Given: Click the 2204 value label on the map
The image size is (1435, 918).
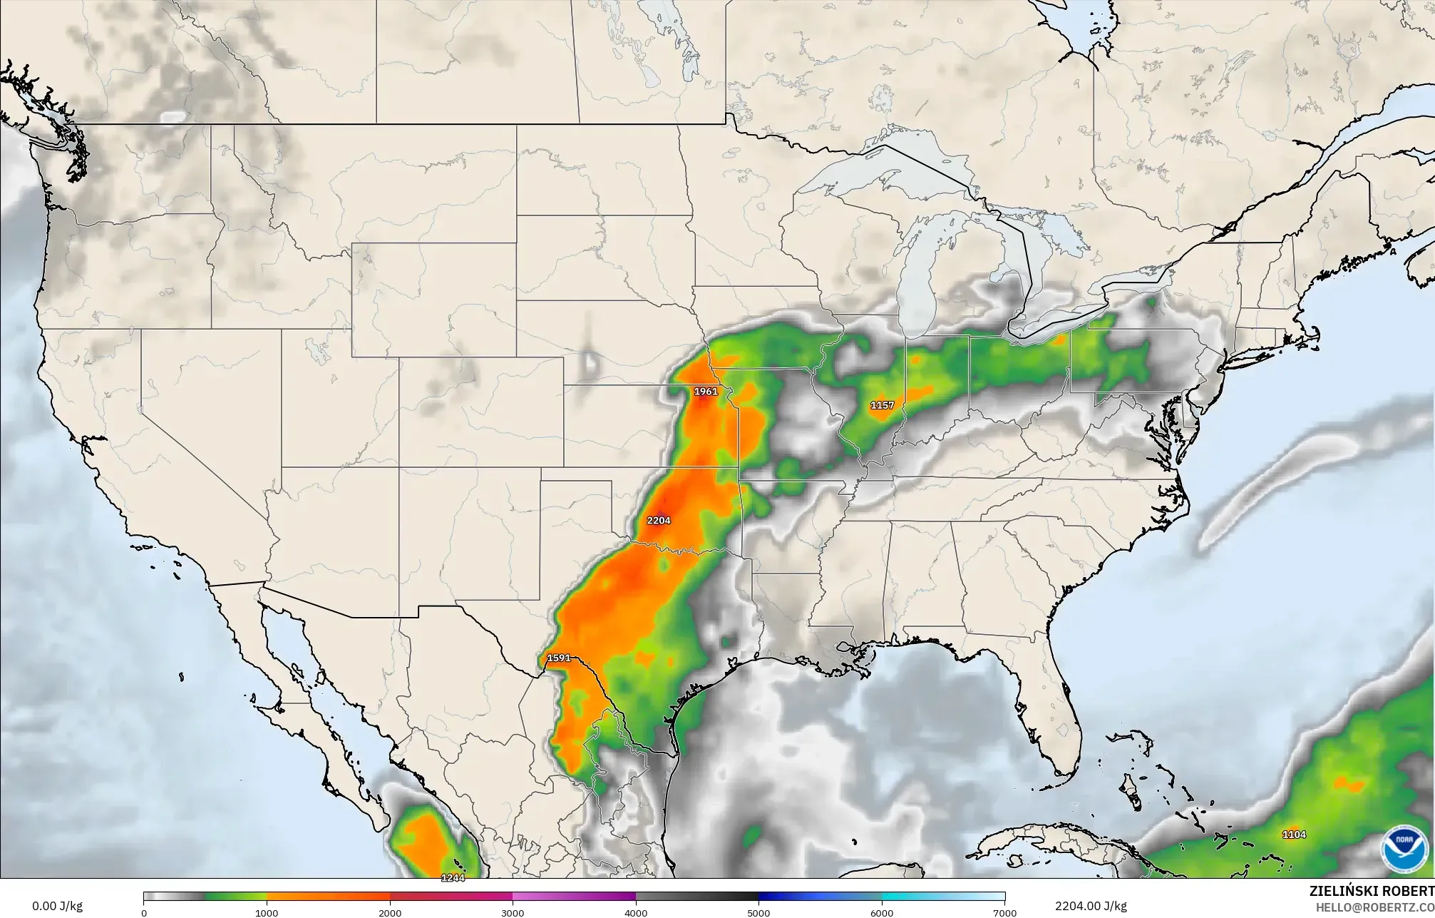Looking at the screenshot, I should pos(659,521).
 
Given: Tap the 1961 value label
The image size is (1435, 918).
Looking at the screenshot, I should pos(706,392).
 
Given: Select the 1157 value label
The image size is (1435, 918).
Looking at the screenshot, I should pos(882,405).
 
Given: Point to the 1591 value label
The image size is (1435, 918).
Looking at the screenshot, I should pos(559,658).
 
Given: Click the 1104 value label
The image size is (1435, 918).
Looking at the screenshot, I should pos(1294,835).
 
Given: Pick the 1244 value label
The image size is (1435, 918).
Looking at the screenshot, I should pos(453,878).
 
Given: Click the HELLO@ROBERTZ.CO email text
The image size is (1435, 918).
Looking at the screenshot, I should pos(1374,907).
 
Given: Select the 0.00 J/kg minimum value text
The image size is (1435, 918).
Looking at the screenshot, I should pos(57,907).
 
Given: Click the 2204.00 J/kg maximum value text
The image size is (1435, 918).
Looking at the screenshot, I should pos(1091,907).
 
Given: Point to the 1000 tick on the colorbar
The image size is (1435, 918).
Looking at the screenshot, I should pos(267,913).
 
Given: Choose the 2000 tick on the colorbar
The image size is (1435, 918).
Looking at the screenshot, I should pos(390,913).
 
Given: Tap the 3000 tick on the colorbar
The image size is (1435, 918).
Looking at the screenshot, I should pos(513,913).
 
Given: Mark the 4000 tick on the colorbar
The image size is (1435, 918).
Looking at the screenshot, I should pos(636,913).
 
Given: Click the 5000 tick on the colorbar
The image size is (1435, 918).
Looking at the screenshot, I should pos(758,913).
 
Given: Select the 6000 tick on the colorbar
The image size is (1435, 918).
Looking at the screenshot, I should pos(882,913).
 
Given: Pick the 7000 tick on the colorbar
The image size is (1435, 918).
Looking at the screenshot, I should pos(1004,913).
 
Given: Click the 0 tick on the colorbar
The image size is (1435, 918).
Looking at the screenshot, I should pos(144,913).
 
